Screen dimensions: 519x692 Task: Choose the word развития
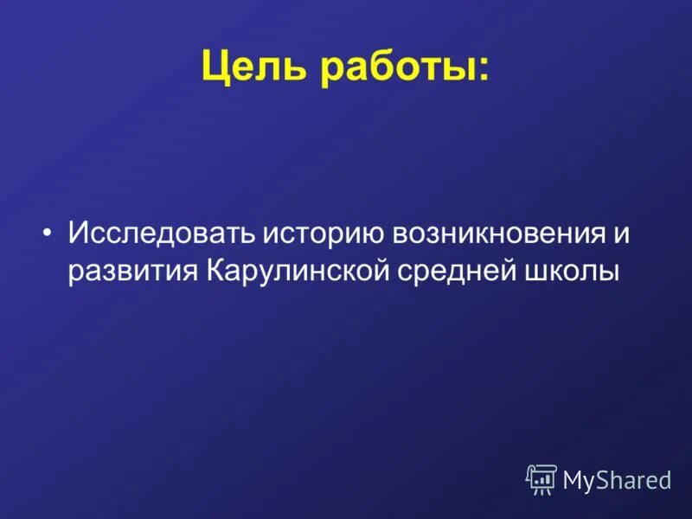point(133,270)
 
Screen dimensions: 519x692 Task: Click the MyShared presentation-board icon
point(541,479)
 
